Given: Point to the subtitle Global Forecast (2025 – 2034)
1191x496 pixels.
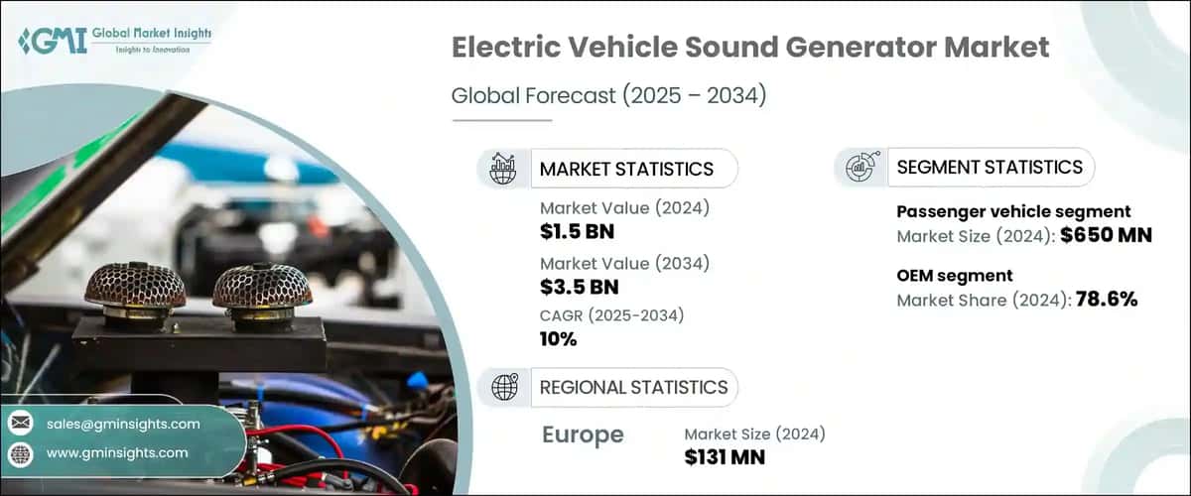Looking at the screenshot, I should [610, 96].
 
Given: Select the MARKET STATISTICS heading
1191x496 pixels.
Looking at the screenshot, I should [626, 169].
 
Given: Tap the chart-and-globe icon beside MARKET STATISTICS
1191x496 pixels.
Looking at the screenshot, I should [504, 169].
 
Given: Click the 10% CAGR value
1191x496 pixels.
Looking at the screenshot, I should [559, 339].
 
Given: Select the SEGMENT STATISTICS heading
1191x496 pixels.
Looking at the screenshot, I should [990, 168].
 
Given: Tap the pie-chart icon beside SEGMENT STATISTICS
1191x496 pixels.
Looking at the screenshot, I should [859, 168].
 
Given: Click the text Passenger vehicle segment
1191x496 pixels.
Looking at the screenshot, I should [1013, 211].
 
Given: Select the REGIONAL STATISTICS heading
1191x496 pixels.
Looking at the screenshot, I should [633, 387].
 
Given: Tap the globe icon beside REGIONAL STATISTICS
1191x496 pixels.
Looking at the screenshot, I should [504, 387].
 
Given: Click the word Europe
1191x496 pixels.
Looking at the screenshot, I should [584, 434].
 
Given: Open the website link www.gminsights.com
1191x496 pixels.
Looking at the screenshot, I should [117, 453].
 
